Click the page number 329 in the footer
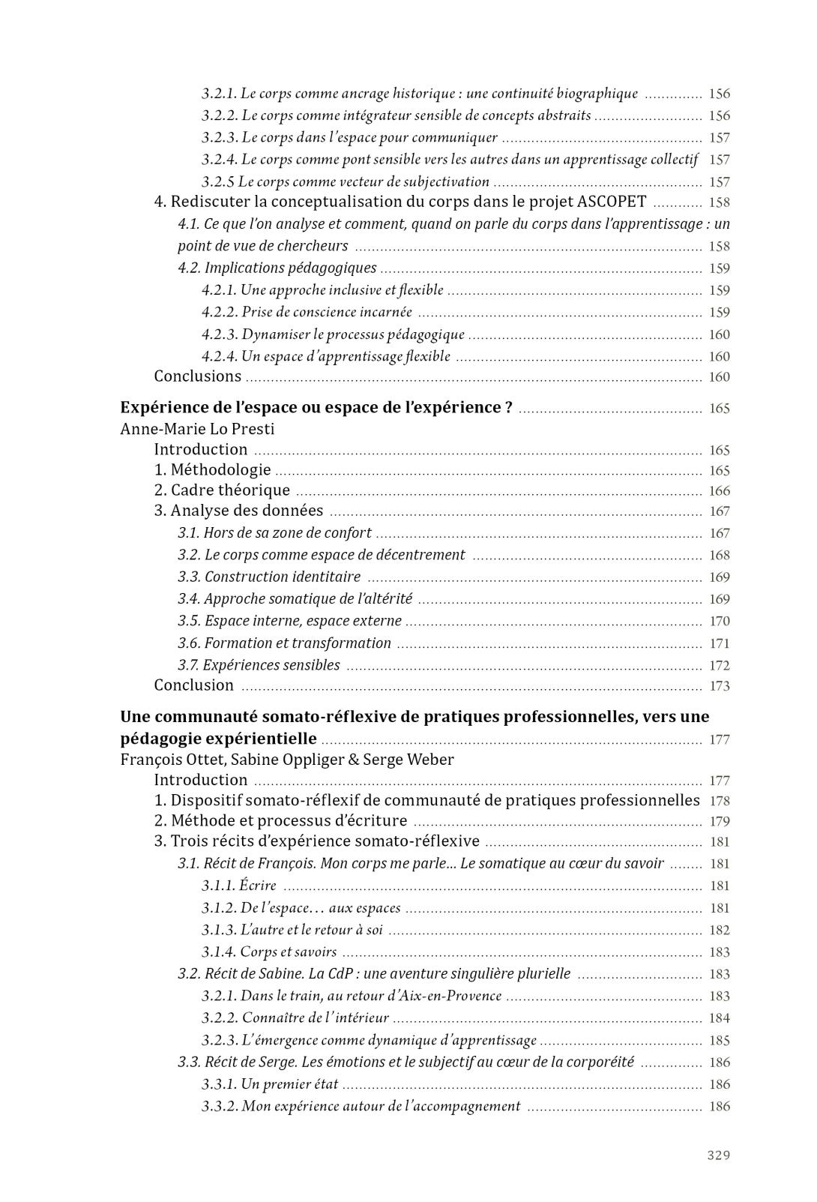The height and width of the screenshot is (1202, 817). [718, 1155]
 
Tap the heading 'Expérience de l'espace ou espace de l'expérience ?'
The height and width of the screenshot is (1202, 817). [316, 407]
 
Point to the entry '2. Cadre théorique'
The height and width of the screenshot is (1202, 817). [222, 490]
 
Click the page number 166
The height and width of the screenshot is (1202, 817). [720, 491]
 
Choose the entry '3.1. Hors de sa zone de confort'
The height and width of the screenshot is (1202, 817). [274, 533]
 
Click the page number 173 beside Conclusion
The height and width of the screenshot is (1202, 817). [720, 686]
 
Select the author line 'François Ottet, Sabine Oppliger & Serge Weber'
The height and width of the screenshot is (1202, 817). [287, 760]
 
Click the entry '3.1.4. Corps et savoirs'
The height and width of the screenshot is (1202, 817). [268, 952]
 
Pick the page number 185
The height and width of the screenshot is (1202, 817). [720, 1041]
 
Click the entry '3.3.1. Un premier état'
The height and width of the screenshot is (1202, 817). [270, 1084]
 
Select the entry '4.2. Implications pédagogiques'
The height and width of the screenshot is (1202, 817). [277, 268]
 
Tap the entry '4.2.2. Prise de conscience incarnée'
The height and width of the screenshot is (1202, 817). [307, 312]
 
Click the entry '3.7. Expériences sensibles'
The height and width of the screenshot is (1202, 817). [259, 665]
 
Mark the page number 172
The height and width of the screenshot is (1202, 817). [720, 666]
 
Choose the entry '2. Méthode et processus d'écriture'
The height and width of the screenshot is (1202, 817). [280, 821]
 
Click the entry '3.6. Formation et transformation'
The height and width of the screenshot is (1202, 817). [284, 643]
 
